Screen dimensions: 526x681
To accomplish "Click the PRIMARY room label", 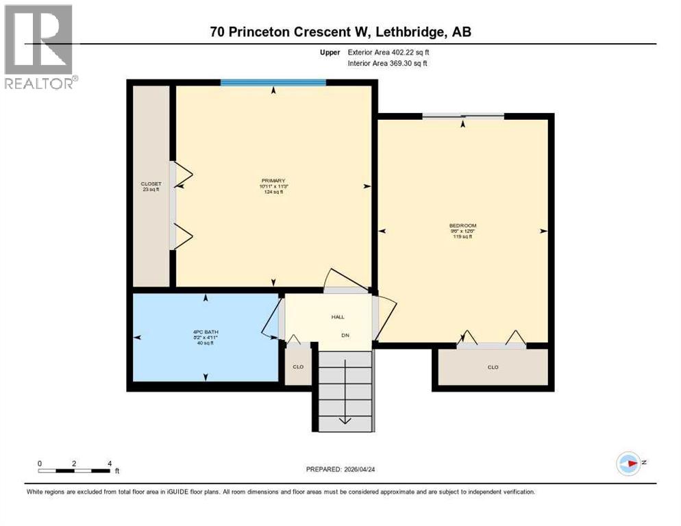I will click(x=273, y=181).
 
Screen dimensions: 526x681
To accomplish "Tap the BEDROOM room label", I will click(x=462, y=225).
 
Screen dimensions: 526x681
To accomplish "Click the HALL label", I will click(x=338, y=317).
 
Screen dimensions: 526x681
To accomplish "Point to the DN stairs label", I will click(x=346, y=335).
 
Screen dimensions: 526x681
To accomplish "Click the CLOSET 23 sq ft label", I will click(x=151, y=184).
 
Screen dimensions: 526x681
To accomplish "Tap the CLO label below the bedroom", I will click(x=493, y=367).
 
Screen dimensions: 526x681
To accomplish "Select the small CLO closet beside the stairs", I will click(x=298, y=367).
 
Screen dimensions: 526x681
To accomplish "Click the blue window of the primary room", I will click(x=273, y=83).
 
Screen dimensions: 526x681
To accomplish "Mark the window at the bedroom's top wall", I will click(x=462, y=116).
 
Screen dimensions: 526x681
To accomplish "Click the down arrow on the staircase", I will click(x=346, y=419).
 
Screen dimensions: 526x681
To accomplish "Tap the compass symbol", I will click(x=628, y=464).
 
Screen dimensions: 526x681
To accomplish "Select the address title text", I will click(x=340, y=32).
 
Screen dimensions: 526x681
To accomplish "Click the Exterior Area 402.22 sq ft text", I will click(x=388, y=52).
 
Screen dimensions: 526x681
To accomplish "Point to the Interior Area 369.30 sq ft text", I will click(x=388, y=64).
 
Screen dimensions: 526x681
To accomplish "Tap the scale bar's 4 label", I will click(x=110, y=464).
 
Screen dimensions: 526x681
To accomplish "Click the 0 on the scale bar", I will click(x=40, y=464).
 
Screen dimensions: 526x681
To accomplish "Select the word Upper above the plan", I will click(x=331, y=52).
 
